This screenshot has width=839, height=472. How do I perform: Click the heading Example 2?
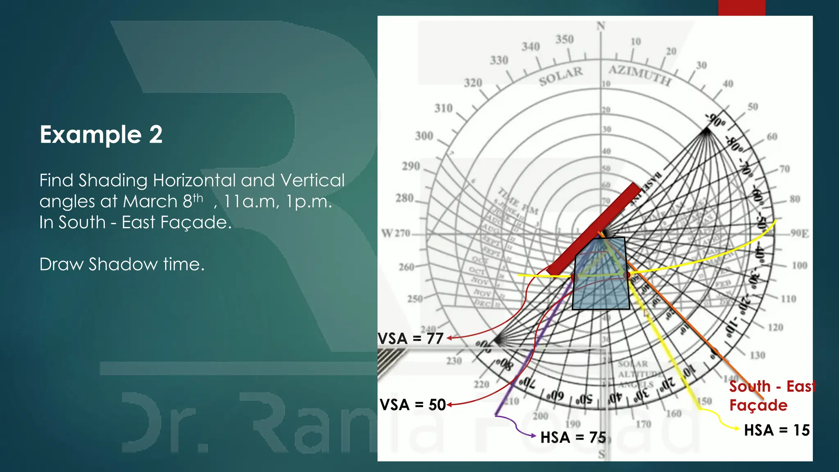click(101, 134)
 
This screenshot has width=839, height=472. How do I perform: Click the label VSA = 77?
click(410, 338)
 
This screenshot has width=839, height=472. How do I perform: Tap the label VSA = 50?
click(413, 405)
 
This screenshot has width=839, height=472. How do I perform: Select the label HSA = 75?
click(573, 437)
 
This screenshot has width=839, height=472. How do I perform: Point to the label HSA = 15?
click(777, 430)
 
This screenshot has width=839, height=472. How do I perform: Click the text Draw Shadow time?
click(122, 264)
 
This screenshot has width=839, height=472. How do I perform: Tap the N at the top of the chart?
click(601, 26)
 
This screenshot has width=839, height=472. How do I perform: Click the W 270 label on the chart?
click(395, 234)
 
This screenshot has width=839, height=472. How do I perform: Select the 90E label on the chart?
click(799, 234)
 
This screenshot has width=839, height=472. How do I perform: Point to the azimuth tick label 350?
click(564, 39)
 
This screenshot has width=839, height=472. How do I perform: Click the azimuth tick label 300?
click(424, 136)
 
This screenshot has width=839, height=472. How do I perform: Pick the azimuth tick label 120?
click(775, 327)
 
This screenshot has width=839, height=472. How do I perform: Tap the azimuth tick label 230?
click(454, 361)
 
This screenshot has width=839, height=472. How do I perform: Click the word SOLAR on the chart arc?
click(560, 76)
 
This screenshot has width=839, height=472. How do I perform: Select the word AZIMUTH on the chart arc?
click(639, 75)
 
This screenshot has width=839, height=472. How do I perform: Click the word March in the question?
click(150, 202)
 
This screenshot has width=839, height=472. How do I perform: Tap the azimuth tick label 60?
click(772, 136)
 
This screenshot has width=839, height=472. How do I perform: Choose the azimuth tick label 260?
click(406, 267)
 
